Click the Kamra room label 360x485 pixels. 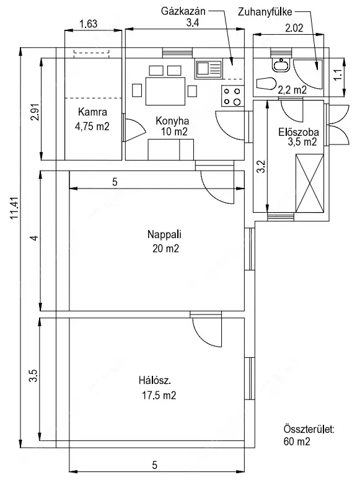(92, 112)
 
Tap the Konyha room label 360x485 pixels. (172, 120)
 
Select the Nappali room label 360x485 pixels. (164, 234)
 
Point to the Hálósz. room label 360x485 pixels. (154, 380)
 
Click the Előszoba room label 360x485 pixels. (299, 132)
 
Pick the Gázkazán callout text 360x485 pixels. (183, 11)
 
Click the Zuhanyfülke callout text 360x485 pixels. (265, 12)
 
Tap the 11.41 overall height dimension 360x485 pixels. (15, 208)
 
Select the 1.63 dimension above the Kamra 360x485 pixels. (89, 24)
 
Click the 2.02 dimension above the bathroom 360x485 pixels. (294, 28)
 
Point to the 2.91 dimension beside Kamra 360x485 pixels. (35, 112)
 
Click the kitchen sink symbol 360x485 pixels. (208, 69)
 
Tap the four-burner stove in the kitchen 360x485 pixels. (233, 96)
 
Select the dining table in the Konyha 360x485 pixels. (165, 91)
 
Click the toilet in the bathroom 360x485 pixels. (266, 84)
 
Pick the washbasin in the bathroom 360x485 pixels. (281, 65)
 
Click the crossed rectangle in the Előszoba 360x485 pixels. (310, 184)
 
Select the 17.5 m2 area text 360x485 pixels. (159, 395)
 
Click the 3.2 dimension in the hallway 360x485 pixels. (261, 166)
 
